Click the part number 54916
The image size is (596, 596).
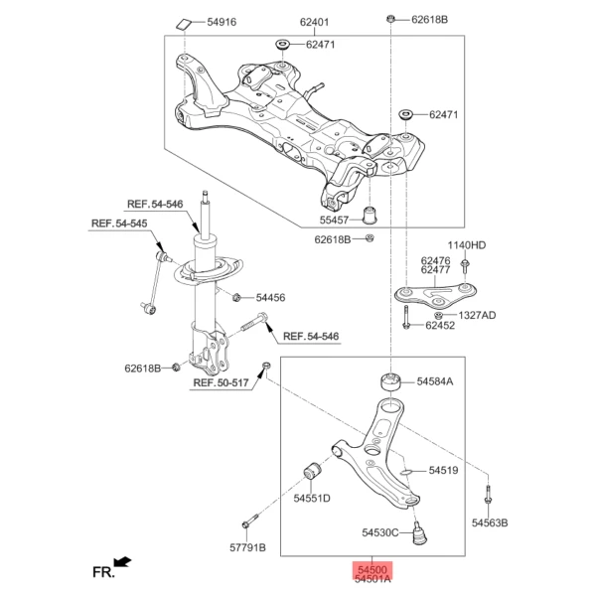222,22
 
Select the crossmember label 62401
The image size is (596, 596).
314,22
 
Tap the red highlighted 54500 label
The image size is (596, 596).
372,570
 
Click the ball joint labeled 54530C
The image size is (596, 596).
419,533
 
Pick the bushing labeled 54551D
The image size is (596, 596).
313,471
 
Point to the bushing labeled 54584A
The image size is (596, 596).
391,382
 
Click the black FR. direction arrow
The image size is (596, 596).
122,562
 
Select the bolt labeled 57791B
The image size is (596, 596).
250,521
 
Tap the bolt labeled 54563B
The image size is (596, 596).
489,496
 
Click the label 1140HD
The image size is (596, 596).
467,245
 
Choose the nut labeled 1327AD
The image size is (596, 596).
438,315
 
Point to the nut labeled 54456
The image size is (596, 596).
236,297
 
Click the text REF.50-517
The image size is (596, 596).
221,382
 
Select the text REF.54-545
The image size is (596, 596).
119,223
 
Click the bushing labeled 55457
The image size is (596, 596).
369,216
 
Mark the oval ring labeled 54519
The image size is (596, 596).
406,472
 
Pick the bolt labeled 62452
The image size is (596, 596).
406,318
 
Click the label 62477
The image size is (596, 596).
436,270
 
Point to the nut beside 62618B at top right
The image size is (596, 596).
390,18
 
